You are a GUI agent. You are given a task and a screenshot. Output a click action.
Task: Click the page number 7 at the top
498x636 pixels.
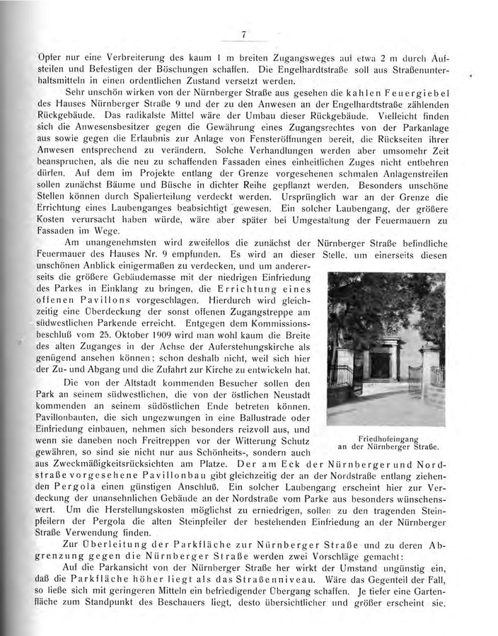[243, 34]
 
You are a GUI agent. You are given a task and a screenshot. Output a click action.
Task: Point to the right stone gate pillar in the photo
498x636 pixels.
[429, 368]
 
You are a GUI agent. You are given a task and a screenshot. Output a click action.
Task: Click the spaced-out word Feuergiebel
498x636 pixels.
[411, 92]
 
